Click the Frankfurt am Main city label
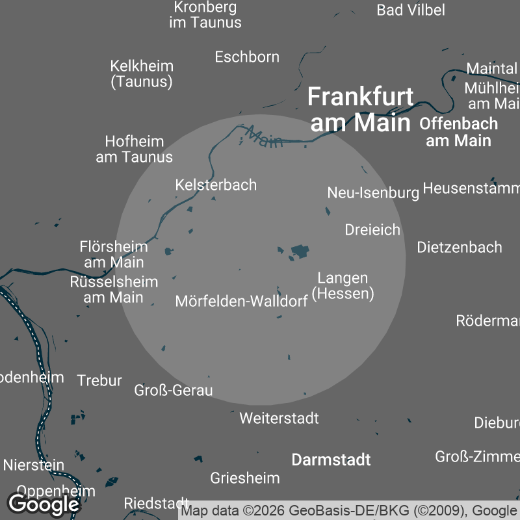click(x=360, y=109)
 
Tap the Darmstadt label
click(x=331, y=460)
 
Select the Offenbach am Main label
click(x=458, y=132)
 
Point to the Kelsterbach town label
click(x=216, y=185)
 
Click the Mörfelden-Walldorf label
click(x=241, y=302)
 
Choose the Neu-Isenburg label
click(x=373, y=193)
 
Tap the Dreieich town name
click(x=372, y=230)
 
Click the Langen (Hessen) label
click(x=343, y=286)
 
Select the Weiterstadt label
click(x=279, y=418)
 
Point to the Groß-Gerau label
click(x=173, y=391)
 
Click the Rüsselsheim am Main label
click(x=114, y=290)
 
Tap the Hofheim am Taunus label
click(x=135, y=149)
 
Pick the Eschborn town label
click(x=247, y=57)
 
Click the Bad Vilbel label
click(x=411, y=10)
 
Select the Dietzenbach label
click(x=460, y=248)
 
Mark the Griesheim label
click(x=245, y=478)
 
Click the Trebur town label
click(x=99, y=381)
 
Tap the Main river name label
click(x=265, y=138)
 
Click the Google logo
click(x=43, y=504)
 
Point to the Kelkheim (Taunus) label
click(x=142, y=73)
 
